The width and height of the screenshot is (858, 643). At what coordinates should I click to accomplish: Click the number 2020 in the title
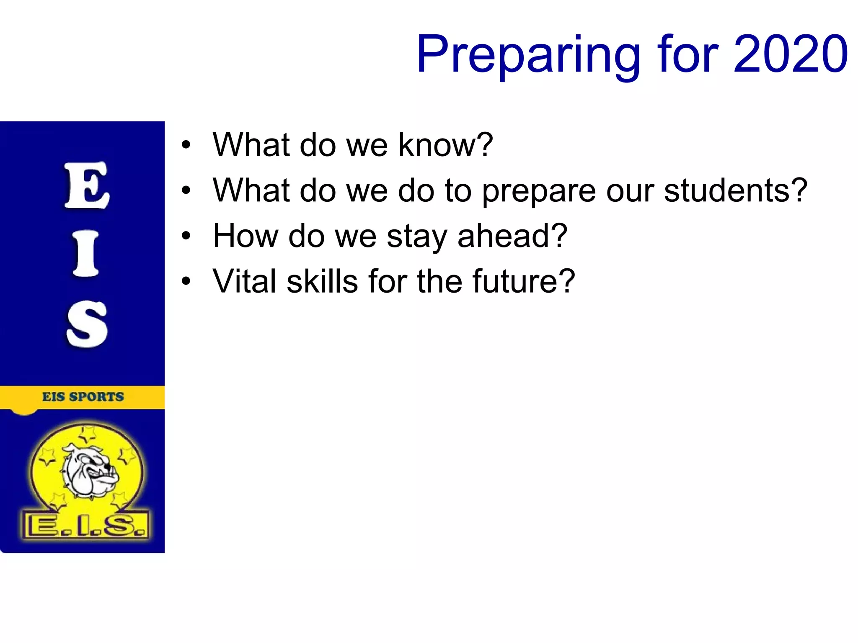791,54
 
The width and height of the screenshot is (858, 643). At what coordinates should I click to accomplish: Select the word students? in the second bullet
735,190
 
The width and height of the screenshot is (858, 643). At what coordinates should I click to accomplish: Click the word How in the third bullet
245,236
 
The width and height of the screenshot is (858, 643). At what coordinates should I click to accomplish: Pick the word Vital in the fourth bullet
244,281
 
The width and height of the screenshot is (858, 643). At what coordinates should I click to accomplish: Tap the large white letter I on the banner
86,254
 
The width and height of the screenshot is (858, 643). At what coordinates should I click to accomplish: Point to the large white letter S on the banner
87,324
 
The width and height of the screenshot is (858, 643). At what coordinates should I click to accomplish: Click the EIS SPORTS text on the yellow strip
83,397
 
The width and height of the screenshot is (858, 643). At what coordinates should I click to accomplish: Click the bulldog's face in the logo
91,473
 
